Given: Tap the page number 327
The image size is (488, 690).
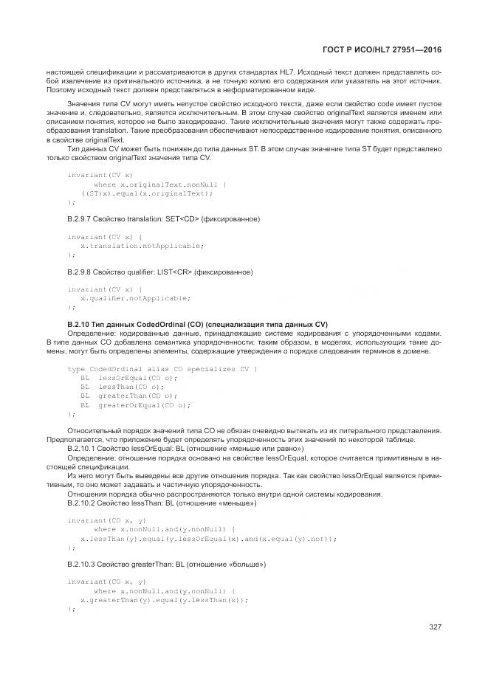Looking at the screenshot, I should click(x=434, y=627).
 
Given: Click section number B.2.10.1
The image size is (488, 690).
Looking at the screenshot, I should click(x=84, y=449).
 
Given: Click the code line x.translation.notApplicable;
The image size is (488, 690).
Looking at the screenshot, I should click(x=141, y=245).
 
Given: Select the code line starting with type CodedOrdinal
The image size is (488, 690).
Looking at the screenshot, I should click(x=162, y=368).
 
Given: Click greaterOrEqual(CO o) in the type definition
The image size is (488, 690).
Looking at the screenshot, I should click(x=144, y=404).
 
